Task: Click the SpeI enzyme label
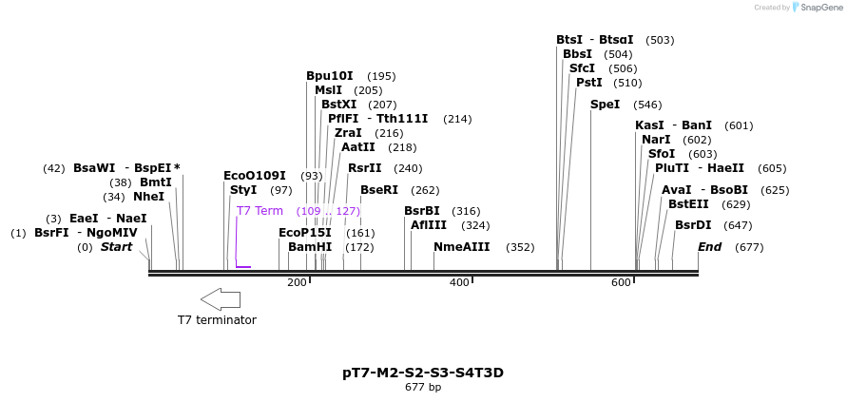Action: [x=605, y=105]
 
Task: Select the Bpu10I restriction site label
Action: [x=329, y=76]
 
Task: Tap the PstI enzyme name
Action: [x=588, y=83]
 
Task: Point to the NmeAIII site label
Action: [x=461, y=247]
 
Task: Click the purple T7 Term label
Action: [x=260, y=211]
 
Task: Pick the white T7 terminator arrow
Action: [x=221, y=299]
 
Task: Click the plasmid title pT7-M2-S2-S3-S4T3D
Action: [x=423, y=373]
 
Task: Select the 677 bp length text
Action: [x=423, y=388]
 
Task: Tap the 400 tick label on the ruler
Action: [x=459, y=283]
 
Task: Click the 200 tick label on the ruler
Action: [x=297, y=283]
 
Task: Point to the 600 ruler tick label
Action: [x=621, y=283]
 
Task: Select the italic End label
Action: [x=709, y=247]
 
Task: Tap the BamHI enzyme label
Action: [x=310, y=247]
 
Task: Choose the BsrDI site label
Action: [x=693, y=225]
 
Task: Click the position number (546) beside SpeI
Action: [x=647, y=105]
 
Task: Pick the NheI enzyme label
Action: [x=148, y=197]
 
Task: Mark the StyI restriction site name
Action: [x=243, y=190]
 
